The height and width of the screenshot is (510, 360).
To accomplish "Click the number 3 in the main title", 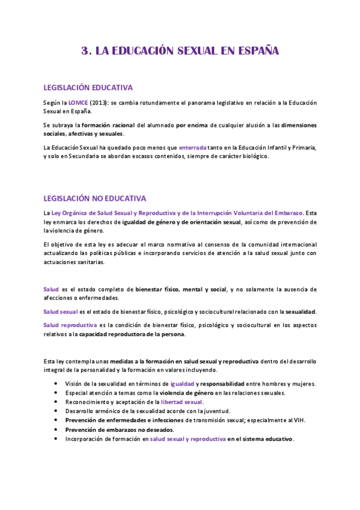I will point(85,51).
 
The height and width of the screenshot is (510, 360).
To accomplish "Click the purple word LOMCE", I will point(78,103).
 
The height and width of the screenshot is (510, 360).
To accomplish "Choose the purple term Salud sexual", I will point(60,312).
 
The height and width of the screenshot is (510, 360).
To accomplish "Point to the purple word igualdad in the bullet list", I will point(182,384).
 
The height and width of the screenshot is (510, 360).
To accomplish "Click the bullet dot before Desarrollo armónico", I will point(56,411).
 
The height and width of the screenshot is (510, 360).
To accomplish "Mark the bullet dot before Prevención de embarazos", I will point(56,429).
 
